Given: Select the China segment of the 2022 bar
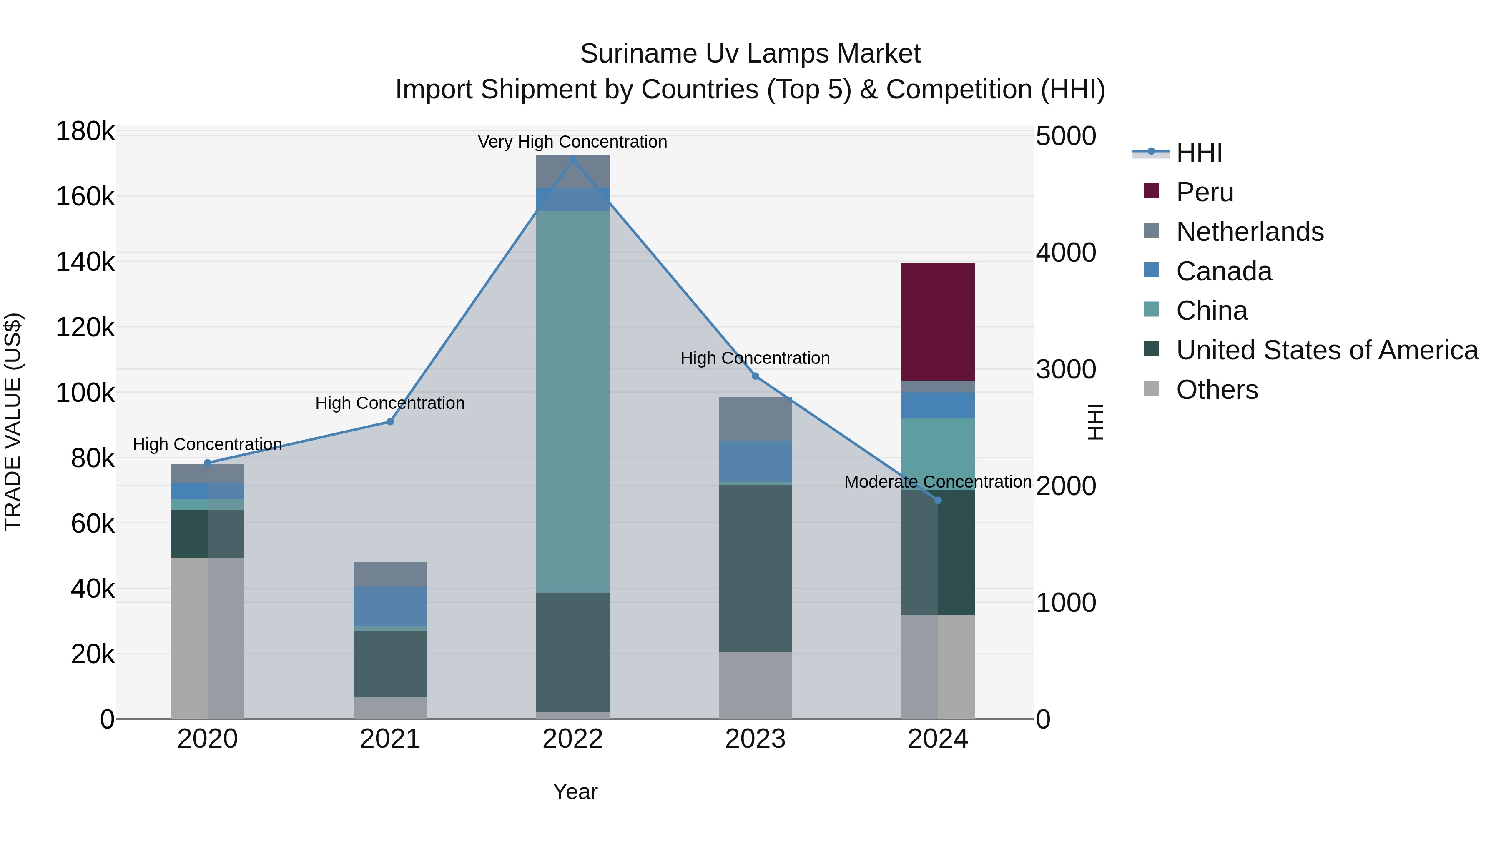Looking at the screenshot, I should pyautogui.click(x=573, y=402).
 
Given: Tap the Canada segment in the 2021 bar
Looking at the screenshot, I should pyautogui.click(x=390, y=606).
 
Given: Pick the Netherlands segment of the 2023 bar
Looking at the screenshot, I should pyautogui.click(x=755, y=419).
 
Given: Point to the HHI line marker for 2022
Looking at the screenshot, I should pyautogui.click(x=573, y=159).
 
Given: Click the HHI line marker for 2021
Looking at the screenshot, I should pyautogui.click(x=390, y=422).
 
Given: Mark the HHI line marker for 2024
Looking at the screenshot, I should pyautogui.click(x=938, y=500).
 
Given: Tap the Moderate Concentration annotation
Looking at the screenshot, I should pyautogui.click(x=938, y=482).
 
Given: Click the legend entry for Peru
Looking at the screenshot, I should pyautogui.click(x=1205, y=192).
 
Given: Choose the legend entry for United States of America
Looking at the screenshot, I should pyautogui.click(x=1327, y=350).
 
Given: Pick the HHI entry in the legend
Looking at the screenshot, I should pyautogui.click(x=1199, y=153).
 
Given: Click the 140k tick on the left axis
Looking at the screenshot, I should pyautogui.click(x=85, y=262).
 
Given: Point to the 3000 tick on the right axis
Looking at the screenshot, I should pyautogui.click(x=1066, y=369).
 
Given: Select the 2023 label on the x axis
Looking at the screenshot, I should pyautogui.click(x=755, y=739).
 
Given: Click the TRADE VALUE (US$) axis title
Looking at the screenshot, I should pyautogui.click(x=13, y=422).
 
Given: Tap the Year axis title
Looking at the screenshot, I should pyautogui.click(x=575, y=791).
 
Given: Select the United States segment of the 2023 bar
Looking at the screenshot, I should pyautogui.click(x=755, y=568).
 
